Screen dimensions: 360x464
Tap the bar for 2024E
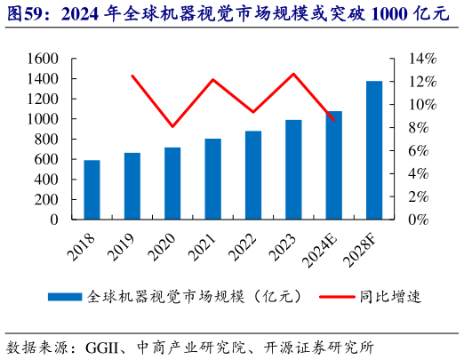(333, 165)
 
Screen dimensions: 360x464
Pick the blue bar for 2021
(212, 179)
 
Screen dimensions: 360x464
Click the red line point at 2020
(172, 126)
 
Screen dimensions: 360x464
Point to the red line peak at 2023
(293, 74)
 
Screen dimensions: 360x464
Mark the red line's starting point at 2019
(132, 76)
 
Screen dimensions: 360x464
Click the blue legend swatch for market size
(64, 296)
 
